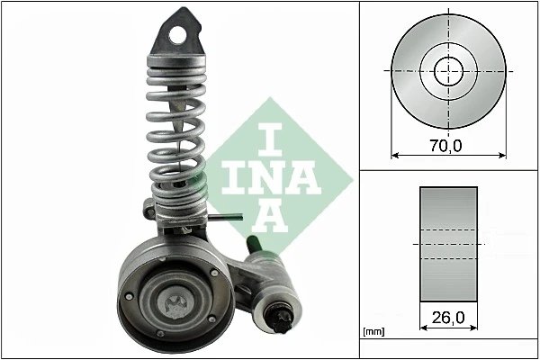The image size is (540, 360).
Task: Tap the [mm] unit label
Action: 373,333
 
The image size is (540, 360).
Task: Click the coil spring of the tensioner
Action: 176,126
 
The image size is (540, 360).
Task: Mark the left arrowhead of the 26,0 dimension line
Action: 423,331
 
